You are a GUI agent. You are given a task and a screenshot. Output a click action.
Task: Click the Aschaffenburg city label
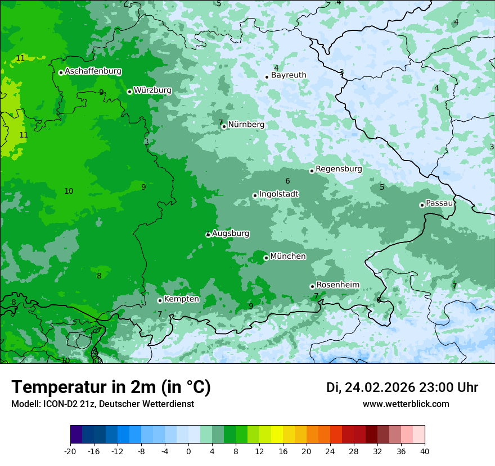tap(93, 71)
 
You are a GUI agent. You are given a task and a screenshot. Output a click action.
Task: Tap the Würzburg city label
tap(152, 90)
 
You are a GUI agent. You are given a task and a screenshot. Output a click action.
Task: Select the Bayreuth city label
tap(289, 75)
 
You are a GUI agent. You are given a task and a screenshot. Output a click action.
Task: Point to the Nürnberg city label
tap(246, 125)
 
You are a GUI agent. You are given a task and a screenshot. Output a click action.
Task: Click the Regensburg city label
tap(339, 169)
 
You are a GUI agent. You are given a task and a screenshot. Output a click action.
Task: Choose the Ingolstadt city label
tap(278, 194)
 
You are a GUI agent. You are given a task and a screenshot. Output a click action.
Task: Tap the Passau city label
tap(439, 203)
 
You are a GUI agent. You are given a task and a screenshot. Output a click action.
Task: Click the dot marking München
tap(266, 258)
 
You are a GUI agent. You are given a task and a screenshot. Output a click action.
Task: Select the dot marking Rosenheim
tap(312, 286)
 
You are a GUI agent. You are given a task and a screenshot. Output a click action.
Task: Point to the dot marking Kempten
tap(160, 300)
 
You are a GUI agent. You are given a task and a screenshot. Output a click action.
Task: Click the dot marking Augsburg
tap(208, 235)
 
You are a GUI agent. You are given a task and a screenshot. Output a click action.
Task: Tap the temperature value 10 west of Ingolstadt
tap(69, 191)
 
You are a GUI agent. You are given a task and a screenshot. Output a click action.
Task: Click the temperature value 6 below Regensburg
tap(287, 181)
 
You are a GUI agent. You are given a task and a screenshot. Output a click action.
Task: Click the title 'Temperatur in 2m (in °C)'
tap(111, 387)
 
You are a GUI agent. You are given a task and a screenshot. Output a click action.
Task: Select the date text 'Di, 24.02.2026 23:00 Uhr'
tap(402, 387)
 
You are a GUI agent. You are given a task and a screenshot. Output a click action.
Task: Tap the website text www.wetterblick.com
tap(406, 404)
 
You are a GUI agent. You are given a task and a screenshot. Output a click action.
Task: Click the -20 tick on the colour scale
tap(70, 451)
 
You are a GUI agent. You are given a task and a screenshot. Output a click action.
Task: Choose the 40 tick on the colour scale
tap(425, 451)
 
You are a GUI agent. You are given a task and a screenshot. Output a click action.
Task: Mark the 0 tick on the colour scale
tap(188, 451)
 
